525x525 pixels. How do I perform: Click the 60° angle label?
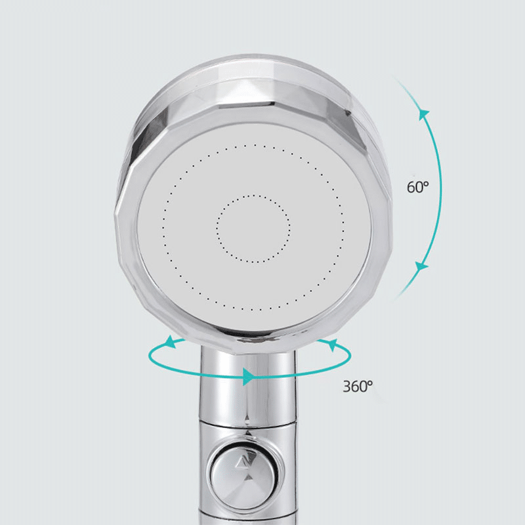[x=418, y=187]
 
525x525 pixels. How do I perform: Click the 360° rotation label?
[x=358, y=386]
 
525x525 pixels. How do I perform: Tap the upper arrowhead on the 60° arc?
[x=424, y=114]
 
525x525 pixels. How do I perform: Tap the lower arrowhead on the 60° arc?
[x=421, y=266]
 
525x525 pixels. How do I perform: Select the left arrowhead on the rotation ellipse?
[x=172, y=342]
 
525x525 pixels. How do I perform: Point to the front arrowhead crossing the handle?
[x=248, y=376]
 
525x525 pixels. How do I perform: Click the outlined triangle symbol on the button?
[x=247, y=463]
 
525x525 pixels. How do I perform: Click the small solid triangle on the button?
[x=248, y=477]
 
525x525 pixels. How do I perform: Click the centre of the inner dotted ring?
[x=253, y=228]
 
